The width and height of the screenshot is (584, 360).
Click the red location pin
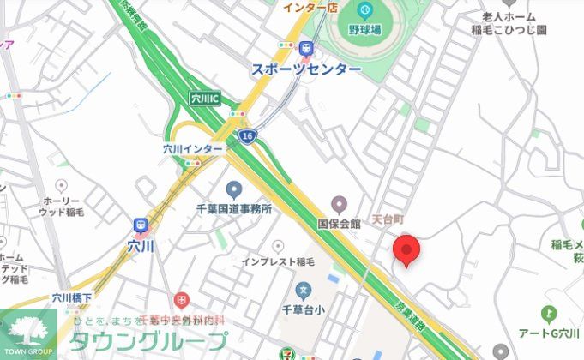coord(406,249)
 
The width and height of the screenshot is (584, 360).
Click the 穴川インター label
coord(193,148)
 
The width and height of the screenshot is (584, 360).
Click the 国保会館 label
coord(340,224)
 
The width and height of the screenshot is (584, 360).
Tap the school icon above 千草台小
coord(303,291)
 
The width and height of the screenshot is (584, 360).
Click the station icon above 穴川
coord(140,225)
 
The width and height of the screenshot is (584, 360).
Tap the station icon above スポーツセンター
coord(306,48)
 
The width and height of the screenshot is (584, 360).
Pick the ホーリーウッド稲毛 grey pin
coord(61,185)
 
